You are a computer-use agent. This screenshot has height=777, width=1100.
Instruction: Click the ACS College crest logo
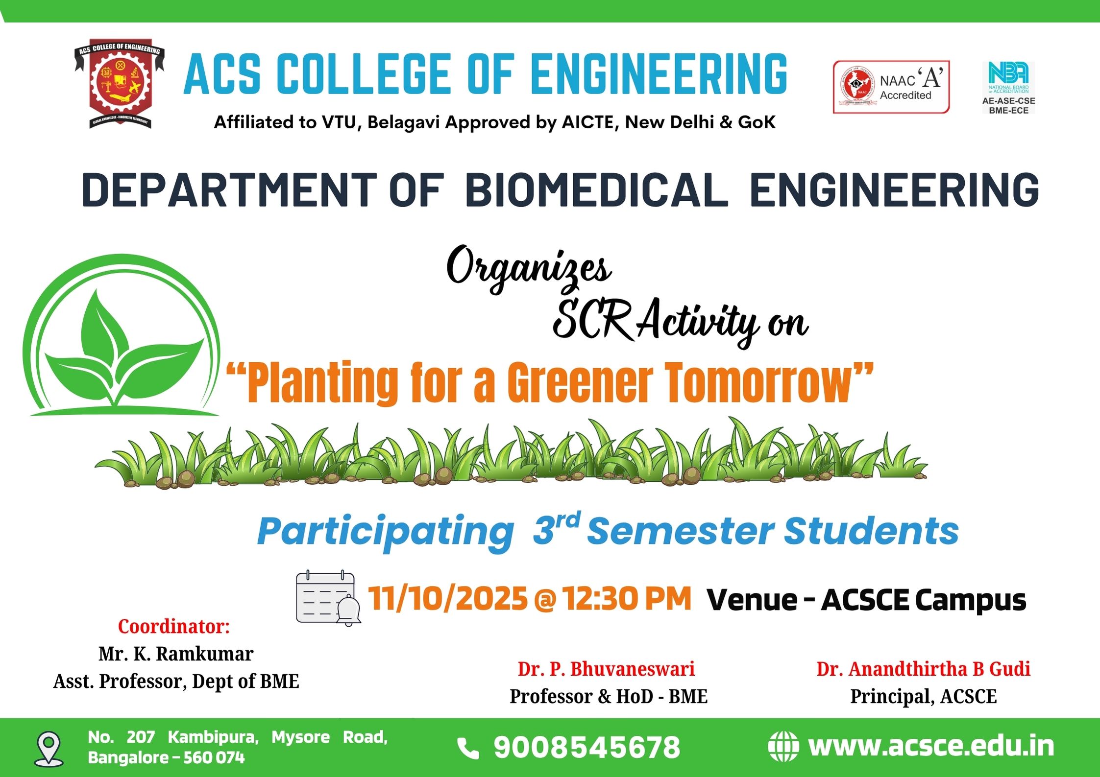tap(120, 84)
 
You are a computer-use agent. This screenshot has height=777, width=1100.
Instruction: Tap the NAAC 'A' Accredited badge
tap(891, 87)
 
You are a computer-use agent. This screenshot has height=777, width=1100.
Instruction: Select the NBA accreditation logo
tap(1008, 88)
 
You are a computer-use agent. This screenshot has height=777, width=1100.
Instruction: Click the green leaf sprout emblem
tap(122, 335)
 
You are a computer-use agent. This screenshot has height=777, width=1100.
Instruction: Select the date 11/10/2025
tap(448, 598)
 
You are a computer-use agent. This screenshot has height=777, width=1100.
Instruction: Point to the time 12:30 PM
tap(627, 598)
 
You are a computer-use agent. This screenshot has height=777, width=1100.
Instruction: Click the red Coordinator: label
tap(174, 626)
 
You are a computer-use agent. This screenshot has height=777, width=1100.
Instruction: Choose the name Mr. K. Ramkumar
tap(176, 654)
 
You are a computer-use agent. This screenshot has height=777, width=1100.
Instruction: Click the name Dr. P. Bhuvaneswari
tap(607, 669)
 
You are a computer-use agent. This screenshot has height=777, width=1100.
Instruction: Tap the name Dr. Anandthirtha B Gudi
tap(924, 669)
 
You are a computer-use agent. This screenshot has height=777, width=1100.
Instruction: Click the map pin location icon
tap(49, 749)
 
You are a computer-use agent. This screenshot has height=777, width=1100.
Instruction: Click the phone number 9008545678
tap(587, 748)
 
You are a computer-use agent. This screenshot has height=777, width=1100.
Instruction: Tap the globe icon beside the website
tap(783, 747)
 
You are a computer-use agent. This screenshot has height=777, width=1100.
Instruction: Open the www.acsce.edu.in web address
tap(931, 746)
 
